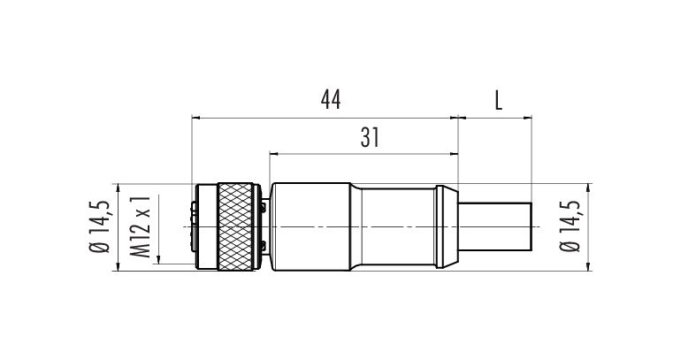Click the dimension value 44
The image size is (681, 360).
[331, 100]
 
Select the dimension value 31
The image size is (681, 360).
[370, 138]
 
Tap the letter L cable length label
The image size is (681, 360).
[498, 100]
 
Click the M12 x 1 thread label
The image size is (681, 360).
[141, 226]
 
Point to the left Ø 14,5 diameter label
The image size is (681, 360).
[99, 226]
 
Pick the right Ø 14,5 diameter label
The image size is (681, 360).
[570, 226]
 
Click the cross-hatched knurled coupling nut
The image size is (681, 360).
[235, 226]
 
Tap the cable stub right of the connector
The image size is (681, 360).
[495, 226]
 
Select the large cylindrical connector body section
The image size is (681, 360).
[310, 226]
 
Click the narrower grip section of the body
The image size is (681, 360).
[399, 226]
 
